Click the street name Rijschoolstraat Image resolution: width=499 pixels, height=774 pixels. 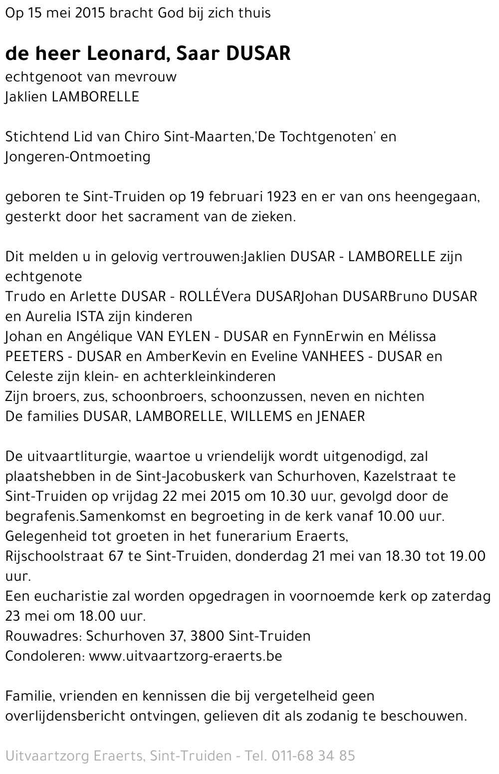pyautogui.click(x=54, y=556)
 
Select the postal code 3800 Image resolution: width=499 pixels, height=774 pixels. pyautogui.click(x=208, y=636)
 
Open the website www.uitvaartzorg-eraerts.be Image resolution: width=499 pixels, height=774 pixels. pyautogui.click(x=186, y=656)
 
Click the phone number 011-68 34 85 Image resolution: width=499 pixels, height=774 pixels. pyautogui.click(x=313, y=756)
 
